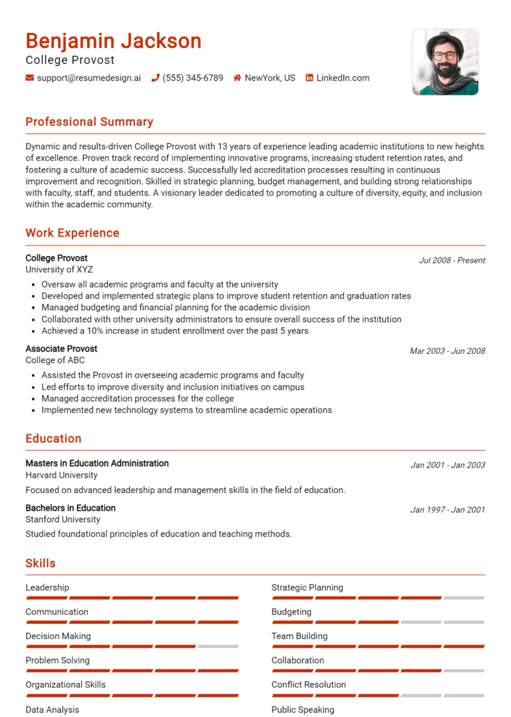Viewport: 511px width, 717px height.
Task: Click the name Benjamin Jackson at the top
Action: (113, 41)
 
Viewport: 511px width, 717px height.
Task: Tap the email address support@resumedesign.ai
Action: (88, 78)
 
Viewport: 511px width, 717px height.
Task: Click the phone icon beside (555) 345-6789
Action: (156, 78)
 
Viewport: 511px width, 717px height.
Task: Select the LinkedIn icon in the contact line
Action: (309, 78)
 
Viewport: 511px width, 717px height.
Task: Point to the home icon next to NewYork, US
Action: (237, 78)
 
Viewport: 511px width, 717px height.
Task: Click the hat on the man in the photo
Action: (444, 40)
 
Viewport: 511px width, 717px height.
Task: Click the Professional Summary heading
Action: (89, 122)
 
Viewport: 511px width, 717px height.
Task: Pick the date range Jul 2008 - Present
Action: (452, 260)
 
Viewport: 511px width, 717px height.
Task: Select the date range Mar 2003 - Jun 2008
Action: (447, 351)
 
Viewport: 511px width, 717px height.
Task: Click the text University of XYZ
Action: (59, 270)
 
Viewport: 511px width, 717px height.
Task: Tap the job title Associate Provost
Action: (61, 349)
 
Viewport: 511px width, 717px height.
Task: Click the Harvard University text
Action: (61, 476)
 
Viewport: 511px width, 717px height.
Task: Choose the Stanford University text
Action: (63, 519)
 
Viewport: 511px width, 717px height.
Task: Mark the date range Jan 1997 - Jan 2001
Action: (447, 510)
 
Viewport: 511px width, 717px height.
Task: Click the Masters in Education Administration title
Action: (97, 464)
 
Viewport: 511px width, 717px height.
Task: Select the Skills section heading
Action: (41, 563)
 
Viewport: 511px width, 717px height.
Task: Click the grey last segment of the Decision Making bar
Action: (218, 646)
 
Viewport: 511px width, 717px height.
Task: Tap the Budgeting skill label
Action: (291, 612)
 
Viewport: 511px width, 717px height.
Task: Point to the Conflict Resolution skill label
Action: (309, 684)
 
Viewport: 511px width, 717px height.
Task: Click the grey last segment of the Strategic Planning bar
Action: (464, 598)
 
